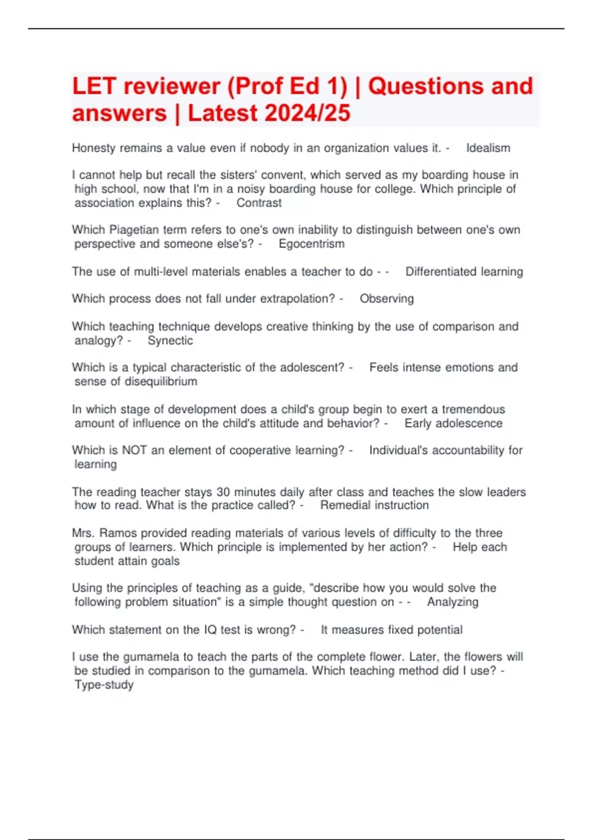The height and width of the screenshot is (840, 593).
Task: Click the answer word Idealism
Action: coord(488,148)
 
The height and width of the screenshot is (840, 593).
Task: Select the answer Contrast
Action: coord(259,203)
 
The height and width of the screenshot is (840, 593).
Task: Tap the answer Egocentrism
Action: coord(311,244)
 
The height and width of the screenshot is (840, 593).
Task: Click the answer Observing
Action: coord(386,299)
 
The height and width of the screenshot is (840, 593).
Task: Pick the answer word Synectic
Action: coord(170,341)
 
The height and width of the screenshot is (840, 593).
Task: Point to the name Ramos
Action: coord(118,533)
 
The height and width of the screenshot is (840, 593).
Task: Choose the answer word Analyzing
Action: coord(453,602)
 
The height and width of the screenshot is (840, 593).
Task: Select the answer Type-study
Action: coord(104,685)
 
